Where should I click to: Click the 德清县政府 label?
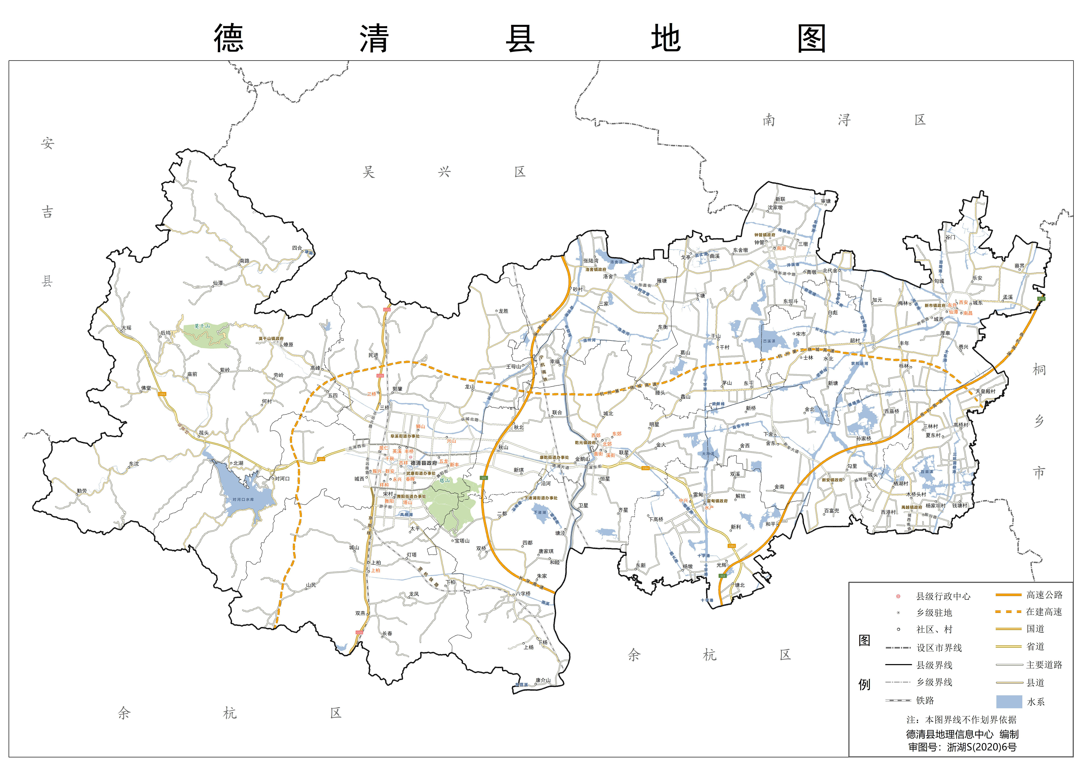click(x=424, y=463)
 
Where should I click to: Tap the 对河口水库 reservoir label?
click(x=243, y=500)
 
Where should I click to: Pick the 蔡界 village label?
click(x=1019, y=266)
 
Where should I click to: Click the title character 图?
click(x=811, y=39)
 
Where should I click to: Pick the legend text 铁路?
click(x=925, y=700)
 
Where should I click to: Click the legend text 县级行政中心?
click(x=943, y=596)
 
